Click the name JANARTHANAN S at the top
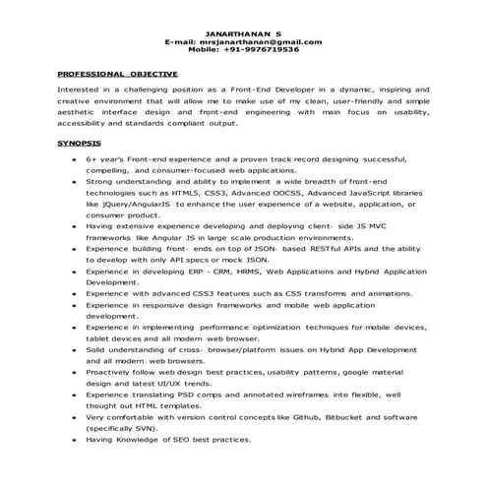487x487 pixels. coord(242,34)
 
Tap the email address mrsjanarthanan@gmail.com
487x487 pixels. coord(260,42)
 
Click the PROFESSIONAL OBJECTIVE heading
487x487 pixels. coord(117,75)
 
